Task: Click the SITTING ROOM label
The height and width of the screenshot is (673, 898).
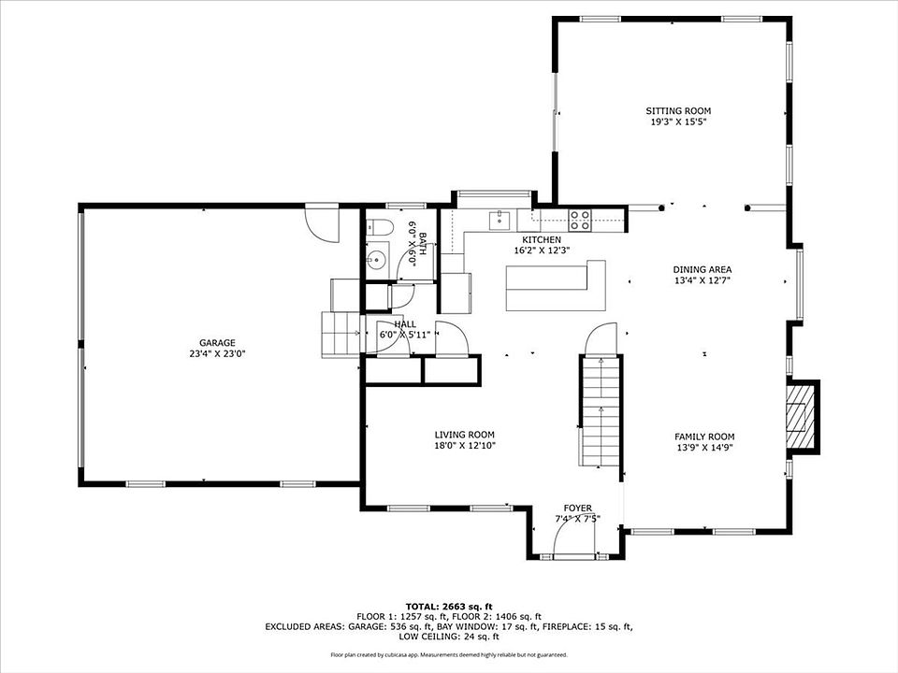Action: (x=678, y=111)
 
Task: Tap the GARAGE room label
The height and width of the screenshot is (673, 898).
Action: (x=217, y=343)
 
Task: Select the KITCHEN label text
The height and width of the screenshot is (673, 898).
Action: (x=542, y=240)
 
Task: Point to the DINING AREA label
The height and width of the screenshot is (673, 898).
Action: (x=702, y=269)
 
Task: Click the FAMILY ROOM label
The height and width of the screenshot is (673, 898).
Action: (x=704, y=437)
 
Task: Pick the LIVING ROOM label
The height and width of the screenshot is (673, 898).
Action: (x=465, y=435)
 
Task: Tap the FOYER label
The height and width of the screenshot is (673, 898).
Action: (x=577, y=508)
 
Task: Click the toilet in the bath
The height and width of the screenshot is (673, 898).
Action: (x=378, y=229)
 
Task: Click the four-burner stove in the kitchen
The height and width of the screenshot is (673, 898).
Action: (x=580, y=221)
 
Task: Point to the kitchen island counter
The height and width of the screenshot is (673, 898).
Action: (x=556, y=286)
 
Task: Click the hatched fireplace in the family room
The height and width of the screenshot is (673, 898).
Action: (x=800, y=415)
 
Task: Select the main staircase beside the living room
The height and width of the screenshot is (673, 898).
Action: (x=600, y=411)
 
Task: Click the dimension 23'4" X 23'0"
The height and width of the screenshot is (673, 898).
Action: (x=217, y=354)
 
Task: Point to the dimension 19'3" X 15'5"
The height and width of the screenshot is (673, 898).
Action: (x=678, y=122)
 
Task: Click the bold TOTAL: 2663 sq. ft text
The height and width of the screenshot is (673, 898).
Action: (x=449, y=607)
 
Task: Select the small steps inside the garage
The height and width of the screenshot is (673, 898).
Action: (x=341, y=335)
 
